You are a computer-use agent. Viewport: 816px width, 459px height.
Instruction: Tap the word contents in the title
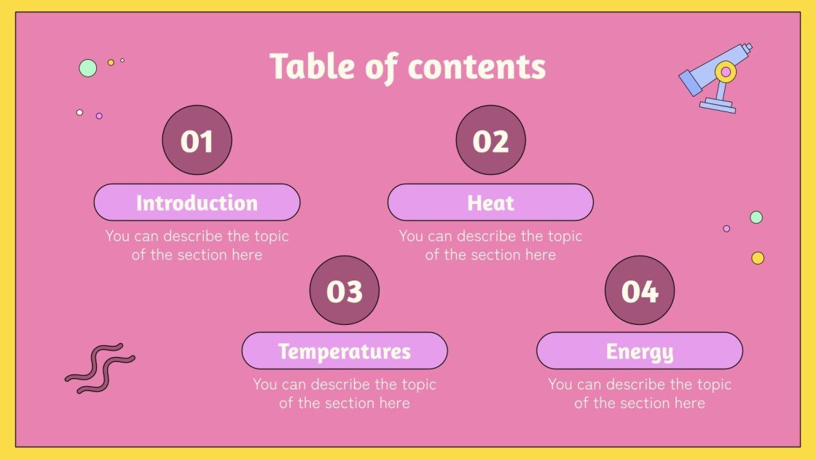click(x=476, y=67)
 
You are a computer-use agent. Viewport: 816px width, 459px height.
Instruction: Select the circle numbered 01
click(x=197, y=141)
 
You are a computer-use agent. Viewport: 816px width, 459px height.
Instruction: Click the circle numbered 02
click(x=490, y=141)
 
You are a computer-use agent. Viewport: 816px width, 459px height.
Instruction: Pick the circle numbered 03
click(x=345, y=290)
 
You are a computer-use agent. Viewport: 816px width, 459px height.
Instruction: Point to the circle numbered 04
click(x=640, y=290)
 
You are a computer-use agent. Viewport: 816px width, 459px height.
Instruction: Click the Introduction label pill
click(x=197, y=203)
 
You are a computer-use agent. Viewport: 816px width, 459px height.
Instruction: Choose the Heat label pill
click(x=490, y=203)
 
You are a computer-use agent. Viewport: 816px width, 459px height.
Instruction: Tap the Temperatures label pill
click(x=345, y=351)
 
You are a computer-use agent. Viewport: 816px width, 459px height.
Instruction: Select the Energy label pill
click(x=640, y=351)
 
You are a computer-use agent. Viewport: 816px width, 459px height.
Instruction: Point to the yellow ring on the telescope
click(x=725, y=71)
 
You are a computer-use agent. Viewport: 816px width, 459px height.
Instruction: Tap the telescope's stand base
click(x=718, y=106)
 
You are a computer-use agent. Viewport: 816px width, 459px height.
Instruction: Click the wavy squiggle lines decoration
click(x=100, y=368)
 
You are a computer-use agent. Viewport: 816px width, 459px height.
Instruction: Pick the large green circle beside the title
click(x=87, y=68)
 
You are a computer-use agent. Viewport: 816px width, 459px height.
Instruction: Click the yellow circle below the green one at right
click(x=758, y=258)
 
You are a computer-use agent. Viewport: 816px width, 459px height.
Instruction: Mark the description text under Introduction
click(x=197, y=246)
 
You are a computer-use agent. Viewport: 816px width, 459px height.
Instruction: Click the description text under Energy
click(x=640, y=393)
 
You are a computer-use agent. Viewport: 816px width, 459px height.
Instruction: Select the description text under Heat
click(x=490, y=246)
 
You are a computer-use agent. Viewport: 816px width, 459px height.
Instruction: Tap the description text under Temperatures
click(x=345, y=393)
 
